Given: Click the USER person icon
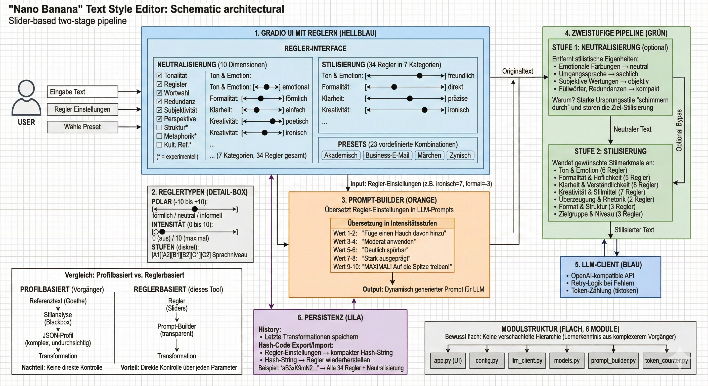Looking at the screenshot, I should (26, 98).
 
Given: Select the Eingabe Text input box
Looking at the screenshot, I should (82, 92).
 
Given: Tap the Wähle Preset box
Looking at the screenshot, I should (82, 127).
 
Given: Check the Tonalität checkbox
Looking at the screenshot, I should (159, 76).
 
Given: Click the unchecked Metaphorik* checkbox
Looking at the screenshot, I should (159, 136).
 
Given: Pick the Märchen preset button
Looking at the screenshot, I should (429, 156).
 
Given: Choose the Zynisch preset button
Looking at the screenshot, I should (460, 156).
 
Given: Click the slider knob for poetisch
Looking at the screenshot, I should (273, 121).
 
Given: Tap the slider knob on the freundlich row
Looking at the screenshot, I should (419, 76).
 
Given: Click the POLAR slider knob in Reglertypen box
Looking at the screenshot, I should (195, 209).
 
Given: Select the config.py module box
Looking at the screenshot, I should (487, 360).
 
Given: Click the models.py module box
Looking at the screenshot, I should (567, 360).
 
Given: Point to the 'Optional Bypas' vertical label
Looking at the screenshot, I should (679, 130).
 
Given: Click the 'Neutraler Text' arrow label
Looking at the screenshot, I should (632, 129).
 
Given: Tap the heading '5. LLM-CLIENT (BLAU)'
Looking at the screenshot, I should (608, 265).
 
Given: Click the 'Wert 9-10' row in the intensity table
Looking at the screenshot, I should (392, 267).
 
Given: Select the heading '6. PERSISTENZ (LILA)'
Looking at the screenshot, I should (330, 318).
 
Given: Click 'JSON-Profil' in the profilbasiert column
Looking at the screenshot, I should (58, 335).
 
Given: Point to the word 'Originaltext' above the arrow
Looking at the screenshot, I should (517, 71).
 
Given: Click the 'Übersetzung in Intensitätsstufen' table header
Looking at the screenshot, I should (392, 223).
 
